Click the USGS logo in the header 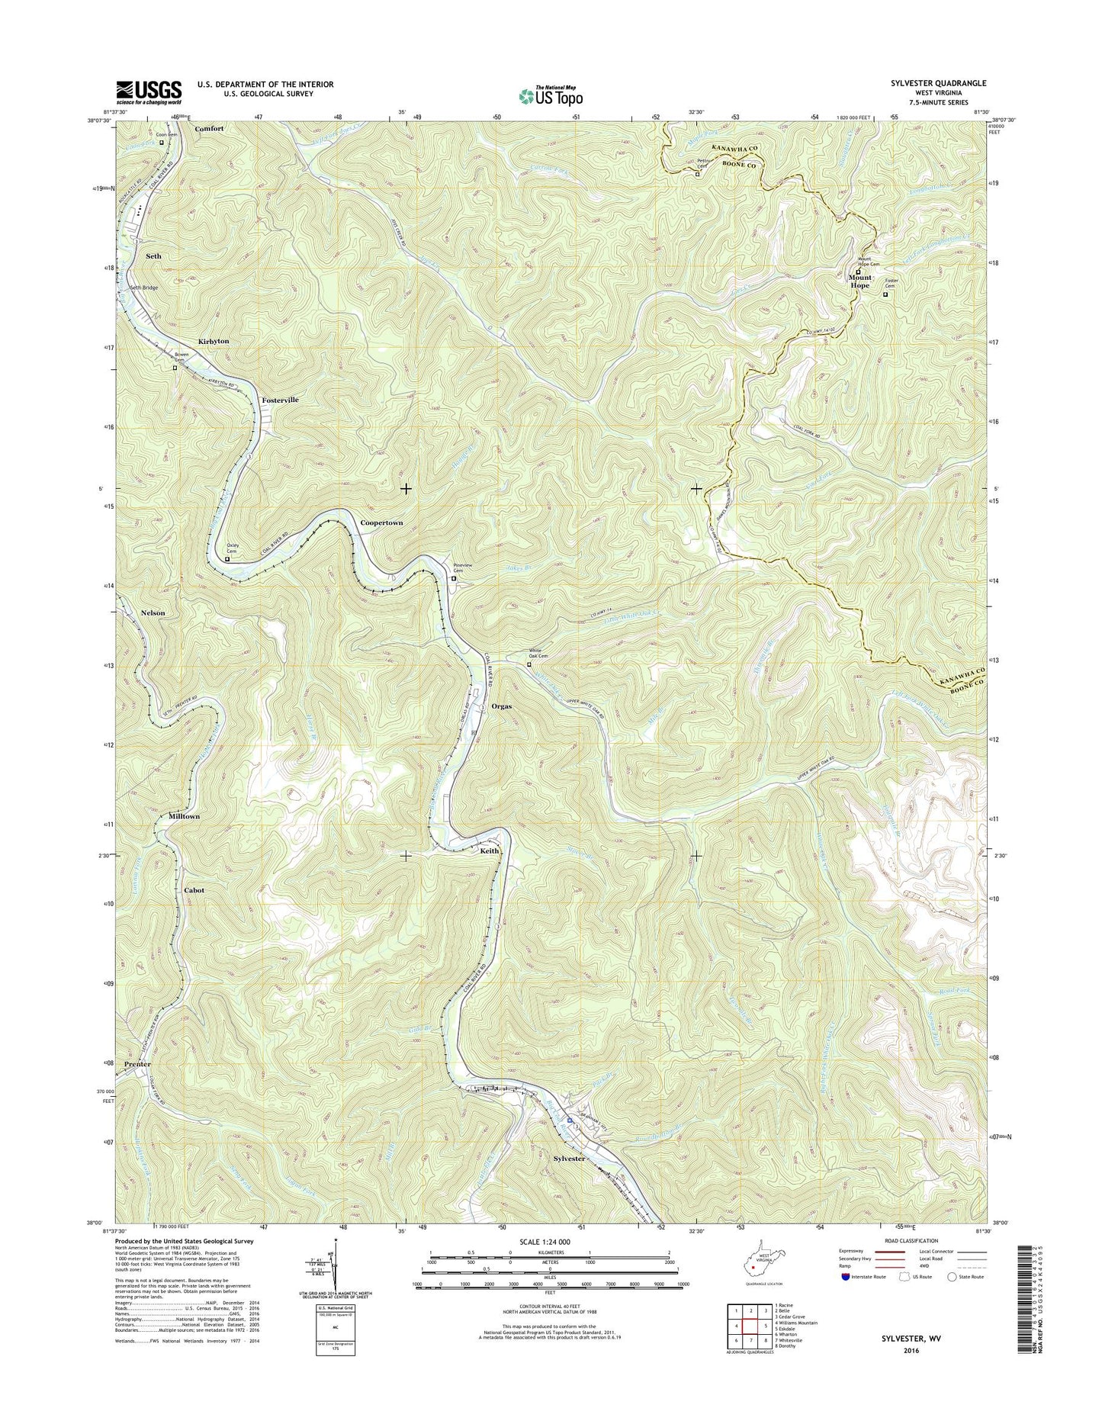click(149, 92)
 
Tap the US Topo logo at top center click(551, 96)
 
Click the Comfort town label click(209, 129)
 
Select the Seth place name click(153, 256)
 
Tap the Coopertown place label click(381, 522)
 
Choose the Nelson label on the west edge click(153, 612)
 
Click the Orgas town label click(501, 706)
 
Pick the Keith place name click(489, 850)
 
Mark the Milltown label click(183, 816)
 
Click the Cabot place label click(194, 890)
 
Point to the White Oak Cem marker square click(529, 664)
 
